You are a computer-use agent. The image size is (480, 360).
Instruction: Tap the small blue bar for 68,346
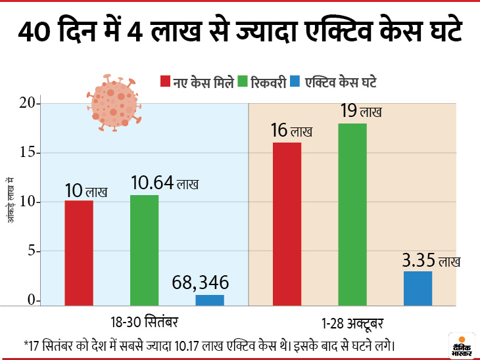point(210,300)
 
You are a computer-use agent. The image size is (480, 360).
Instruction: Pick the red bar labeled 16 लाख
point(287,223)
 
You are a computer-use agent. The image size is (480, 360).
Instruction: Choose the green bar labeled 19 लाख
point(352,214)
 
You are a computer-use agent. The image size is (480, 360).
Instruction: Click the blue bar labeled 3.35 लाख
point(418,288)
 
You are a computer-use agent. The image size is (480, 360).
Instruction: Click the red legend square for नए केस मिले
point(165,82)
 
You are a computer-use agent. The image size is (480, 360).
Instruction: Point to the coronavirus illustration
point(113,101)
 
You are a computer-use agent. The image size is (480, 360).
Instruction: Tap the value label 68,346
point(201,283)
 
